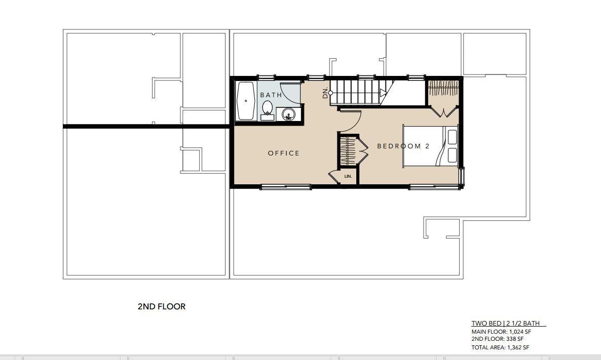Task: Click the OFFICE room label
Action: [284, 153]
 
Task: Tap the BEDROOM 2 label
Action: [403, 146]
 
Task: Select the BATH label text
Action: [271, 95]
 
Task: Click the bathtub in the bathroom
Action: [246, 101]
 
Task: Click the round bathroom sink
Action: [288, 114]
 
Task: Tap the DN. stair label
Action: [325, 93]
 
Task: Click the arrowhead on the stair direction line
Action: [383, 93]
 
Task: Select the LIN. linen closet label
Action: [348, 177]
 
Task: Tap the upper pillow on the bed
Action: [453, 137]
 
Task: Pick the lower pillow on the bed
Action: [453, 155]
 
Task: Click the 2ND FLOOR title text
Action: [161, 306]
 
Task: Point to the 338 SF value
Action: [515, 339]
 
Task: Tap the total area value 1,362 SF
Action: [518, 347]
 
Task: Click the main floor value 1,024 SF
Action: [520, 332]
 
